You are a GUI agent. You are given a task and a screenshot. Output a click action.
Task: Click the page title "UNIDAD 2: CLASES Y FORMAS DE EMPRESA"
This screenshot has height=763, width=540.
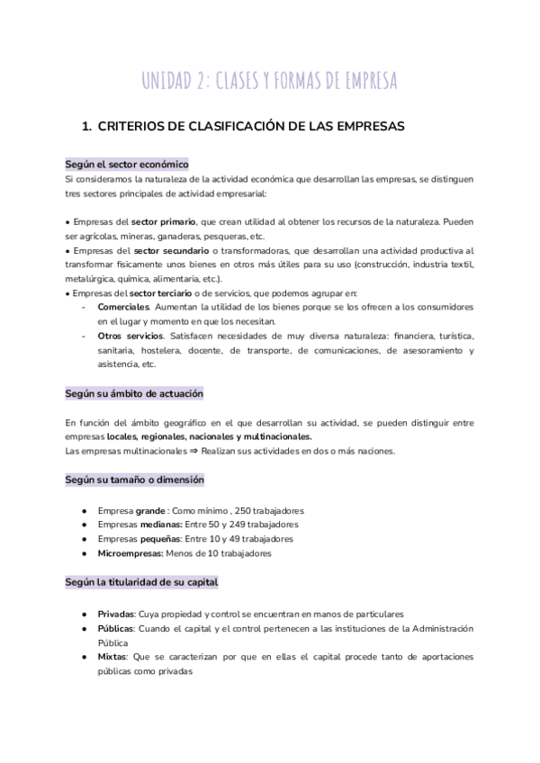pyautogui.click(x=269, y=82)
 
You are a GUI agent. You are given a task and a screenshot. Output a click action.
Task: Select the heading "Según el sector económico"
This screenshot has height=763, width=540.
pyautogui.click(x=127, y=165)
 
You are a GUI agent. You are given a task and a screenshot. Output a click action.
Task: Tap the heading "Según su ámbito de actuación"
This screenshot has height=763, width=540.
pyautogui.click(x=134, y=393)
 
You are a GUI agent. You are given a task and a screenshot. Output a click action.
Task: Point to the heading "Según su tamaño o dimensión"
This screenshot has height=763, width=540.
pyautogui.click(x=134, y=480)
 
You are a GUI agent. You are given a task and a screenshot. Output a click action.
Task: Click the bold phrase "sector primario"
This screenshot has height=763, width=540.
pyautogui.click(x=160, y=222)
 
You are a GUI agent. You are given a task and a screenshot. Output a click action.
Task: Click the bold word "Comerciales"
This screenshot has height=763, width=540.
pyautogui.click(x=123, y=308)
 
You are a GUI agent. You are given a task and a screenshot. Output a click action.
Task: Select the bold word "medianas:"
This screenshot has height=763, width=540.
pyautogui.click(x=161, y=525)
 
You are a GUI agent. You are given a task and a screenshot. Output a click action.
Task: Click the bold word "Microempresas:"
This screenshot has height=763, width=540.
pyautogui.click(x=131, y=553)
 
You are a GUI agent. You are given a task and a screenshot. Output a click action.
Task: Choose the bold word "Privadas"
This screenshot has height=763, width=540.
pyautogui.click(x=116, y=613)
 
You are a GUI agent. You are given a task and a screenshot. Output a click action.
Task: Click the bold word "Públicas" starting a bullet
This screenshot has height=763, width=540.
pyautogui.click(x=116, y=628)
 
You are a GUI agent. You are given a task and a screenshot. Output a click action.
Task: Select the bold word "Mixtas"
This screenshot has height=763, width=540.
pyautogui.click(x=112, y=657)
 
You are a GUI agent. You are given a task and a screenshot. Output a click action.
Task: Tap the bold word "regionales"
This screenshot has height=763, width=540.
pyautogui.click(x=153, y=436)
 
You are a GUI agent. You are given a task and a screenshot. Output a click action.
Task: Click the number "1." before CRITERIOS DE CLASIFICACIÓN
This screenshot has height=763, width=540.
pyautogui.click(x=87, y=127)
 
